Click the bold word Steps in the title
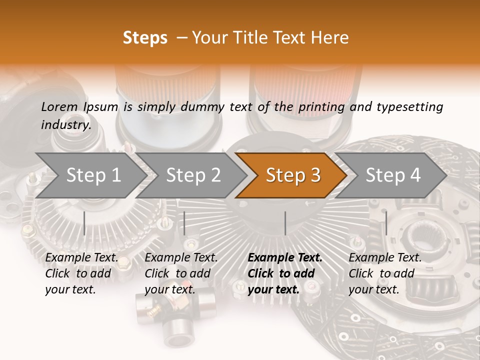(x=145, y=38)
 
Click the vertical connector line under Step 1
(x=84, y=223)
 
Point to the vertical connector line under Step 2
(x=184, y=223)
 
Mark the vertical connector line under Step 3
(x=285, y=223)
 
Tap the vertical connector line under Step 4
(x=386, y=223)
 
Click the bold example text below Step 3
(x=285, y=273)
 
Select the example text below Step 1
(x=81, y=273)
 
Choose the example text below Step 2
(x=181, y=273)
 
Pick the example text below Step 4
(x=385, y=273)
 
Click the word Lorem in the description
(x=60, y=106)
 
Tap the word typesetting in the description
(x=407, y=106)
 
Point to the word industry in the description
(x=66, y=124)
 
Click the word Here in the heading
(x=330, y=38)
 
